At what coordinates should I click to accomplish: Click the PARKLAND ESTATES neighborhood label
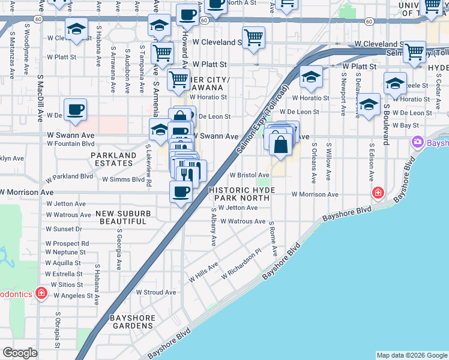[113, 159]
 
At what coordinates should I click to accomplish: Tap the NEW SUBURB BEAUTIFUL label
[122, 217]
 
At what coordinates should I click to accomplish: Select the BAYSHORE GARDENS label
[132, 322]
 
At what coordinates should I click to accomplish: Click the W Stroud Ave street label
[155, 292]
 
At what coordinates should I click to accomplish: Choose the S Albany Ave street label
[213, 227]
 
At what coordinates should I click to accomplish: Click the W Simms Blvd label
[123, 179]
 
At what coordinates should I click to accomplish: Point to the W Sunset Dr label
[64, 229]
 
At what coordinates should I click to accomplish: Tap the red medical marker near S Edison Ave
[378, 193]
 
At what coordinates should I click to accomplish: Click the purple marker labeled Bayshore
[417, 142]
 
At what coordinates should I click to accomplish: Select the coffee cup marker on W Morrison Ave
[181, 192]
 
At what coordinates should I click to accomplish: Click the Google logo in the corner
[20, 352]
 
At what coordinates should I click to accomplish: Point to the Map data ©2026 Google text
[412, 355]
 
